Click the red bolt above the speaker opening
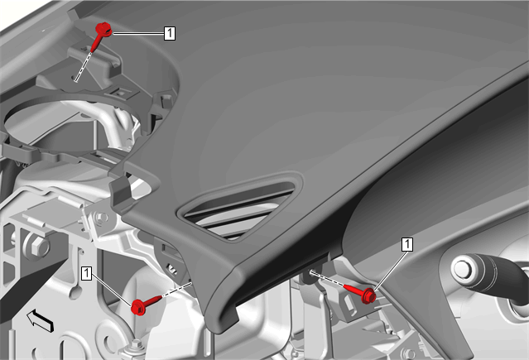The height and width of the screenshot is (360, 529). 101,36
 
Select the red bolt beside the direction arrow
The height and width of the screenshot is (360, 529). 146,305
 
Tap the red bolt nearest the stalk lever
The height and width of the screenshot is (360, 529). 361,292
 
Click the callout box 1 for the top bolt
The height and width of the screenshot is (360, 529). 170,33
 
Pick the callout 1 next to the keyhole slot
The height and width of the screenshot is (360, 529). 87,273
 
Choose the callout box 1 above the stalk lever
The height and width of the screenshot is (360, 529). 406,244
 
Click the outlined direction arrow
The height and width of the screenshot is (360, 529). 40,321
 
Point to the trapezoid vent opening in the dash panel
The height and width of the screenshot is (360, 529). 240,207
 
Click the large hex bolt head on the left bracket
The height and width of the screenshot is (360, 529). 36,245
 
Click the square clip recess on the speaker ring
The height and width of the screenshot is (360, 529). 122,92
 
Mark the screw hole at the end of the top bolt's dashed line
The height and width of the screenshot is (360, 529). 75,79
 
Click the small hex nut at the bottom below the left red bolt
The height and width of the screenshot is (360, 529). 137,345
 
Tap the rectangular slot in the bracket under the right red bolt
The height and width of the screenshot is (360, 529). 349,304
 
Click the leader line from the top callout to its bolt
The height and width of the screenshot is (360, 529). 138,33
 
